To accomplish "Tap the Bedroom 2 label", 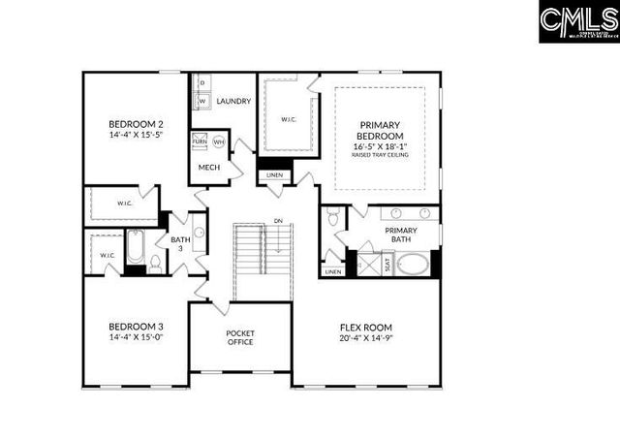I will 135,124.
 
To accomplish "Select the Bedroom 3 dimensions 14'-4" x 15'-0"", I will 135,338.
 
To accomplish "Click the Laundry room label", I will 233,101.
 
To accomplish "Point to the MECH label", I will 209,168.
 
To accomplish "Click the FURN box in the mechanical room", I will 200,141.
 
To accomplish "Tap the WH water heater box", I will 219,141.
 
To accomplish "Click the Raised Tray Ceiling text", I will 380,154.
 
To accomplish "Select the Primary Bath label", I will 400,236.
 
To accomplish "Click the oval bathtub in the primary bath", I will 412,265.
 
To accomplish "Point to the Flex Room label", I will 365,327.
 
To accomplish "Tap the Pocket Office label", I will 240,338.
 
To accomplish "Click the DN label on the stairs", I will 278,220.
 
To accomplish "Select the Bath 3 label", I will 181,244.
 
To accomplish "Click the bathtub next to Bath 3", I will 135,251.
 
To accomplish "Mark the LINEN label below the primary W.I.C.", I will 275,175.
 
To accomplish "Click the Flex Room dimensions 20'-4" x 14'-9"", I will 365,338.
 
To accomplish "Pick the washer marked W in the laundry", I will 202,101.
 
